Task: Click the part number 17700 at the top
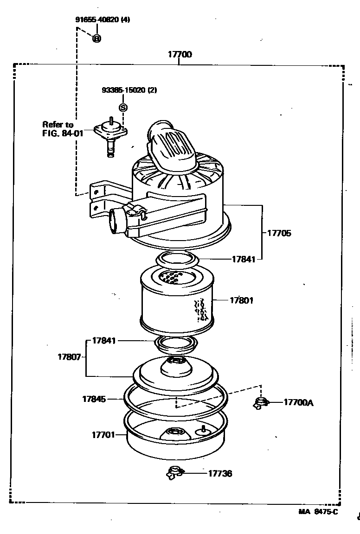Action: (180, 55)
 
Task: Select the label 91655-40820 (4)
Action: (103, 20)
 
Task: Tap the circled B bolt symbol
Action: (96, 38)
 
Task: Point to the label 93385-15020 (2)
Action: (129, 90)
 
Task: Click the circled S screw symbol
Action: (123, 108)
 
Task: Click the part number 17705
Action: (279, 233)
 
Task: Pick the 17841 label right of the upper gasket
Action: (244, 260)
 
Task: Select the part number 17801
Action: (241, 300)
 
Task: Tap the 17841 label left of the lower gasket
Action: (104, 341)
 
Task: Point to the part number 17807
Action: (70, 357)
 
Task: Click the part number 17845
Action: (94, 399)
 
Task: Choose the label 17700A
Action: (298, 403)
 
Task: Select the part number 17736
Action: (220, 473)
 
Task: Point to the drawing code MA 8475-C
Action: (318, 512)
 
